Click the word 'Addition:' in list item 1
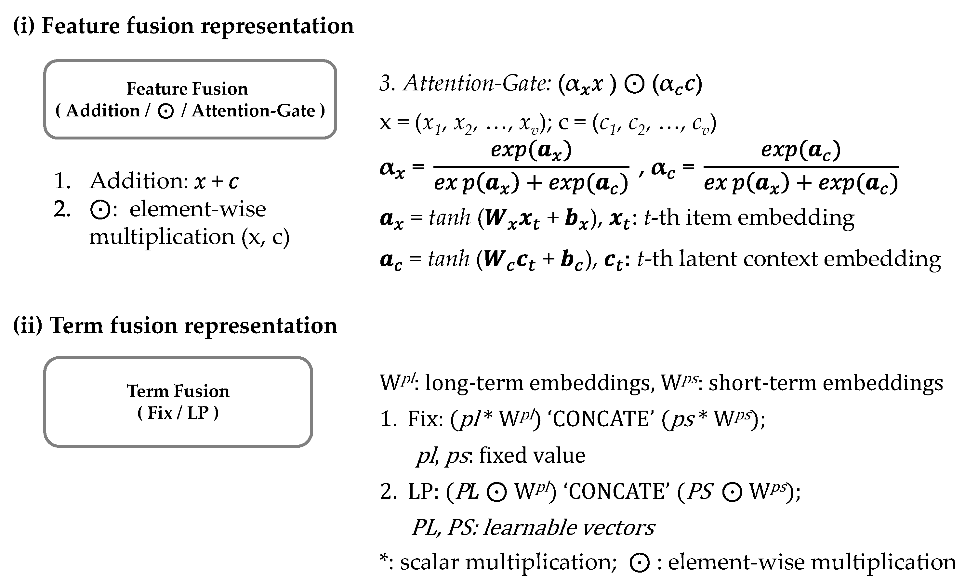click(139, 181)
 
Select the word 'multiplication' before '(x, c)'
click(162, 237)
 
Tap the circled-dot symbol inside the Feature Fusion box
click(166, 112)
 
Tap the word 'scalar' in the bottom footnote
click(429, 562)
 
